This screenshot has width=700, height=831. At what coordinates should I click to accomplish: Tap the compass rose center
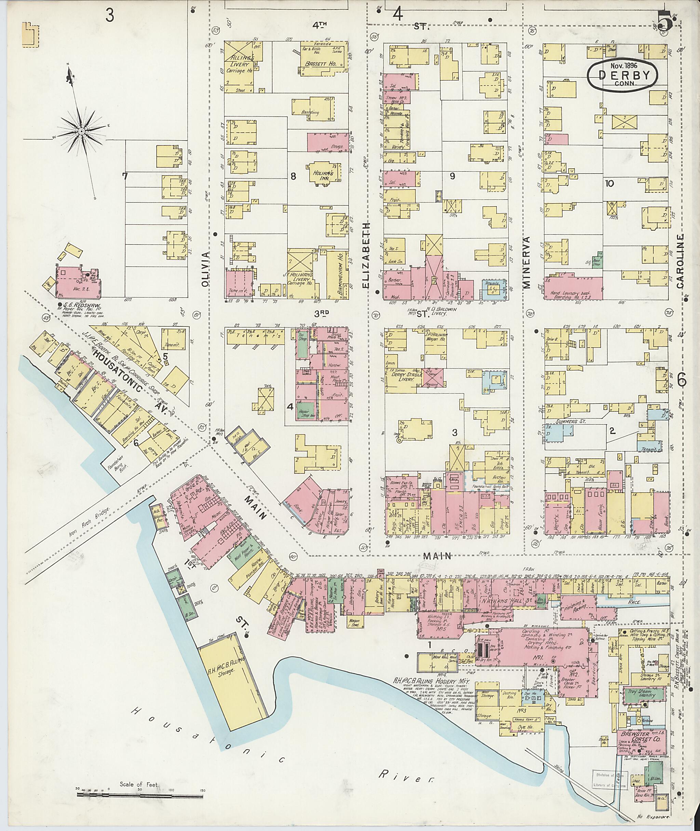81,131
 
